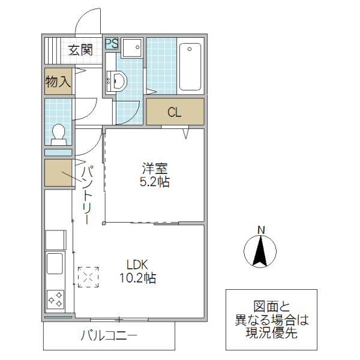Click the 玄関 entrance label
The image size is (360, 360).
(x=79, y=50)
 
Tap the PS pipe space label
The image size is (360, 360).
(x=112, y=43)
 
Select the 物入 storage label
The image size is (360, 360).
(x=58, y=82)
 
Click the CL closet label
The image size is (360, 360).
(x=175, y=112)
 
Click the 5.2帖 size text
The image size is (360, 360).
(x=155, y=182)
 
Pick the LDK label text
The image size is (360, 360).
(x=137, y=265)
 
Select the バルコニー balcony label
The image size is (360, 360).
(x=109, y=336)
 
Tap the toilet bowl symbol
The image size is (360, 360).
(x=58, y=133)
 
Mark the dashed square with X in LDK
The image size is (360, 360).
(x=89, y=277)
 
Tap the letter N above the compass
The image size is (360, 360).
(x=261, y=230)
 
